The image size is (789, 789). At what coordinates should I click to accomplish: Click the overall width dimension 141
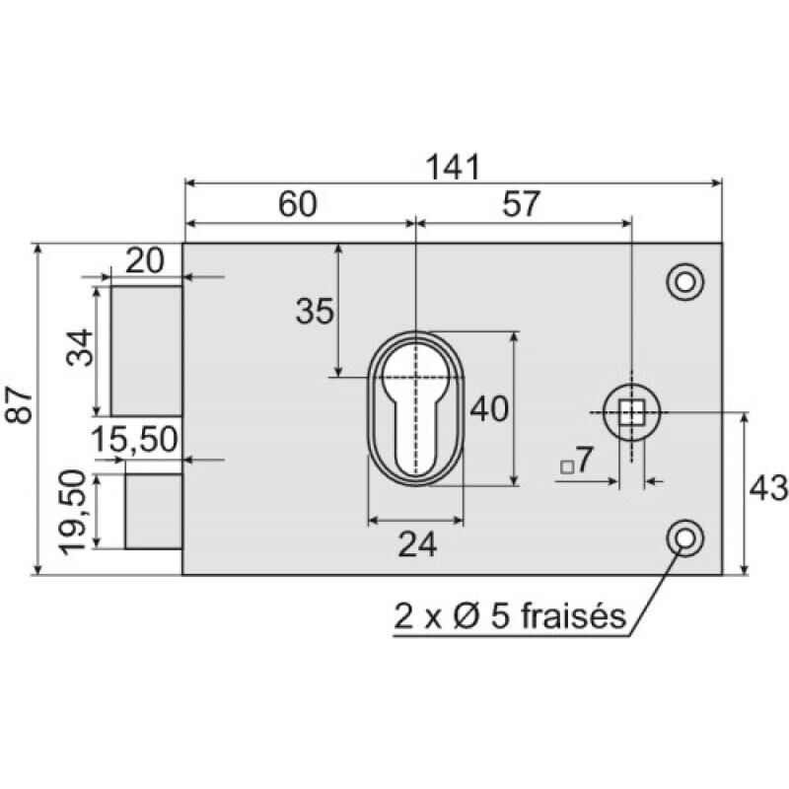tap(453, 167)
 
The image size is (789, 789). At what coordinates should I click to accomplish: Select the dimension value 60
tap(298, 204)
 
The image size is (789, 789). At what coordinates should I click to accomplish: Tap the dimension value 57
tap(521, 204)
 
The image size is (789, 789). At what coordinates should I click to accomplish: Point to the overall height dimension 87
tap(19, 404)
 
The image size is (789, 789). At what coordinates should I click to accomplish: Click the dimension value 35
tap(315, 311)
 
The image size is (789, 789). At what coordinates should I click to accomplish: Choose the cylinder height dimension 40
tap(489, 408)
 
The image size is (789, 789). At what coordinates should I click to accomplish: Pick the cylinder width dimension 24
tap(417, 544)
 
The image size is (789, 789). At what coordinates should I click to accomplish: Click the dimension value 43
tap(768, 488)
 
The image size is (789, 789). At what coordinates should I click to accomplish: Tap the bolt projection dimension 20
tap(144, 260)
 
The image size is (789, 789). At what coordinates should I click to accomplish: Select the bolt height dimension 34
tap(80, 348)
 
